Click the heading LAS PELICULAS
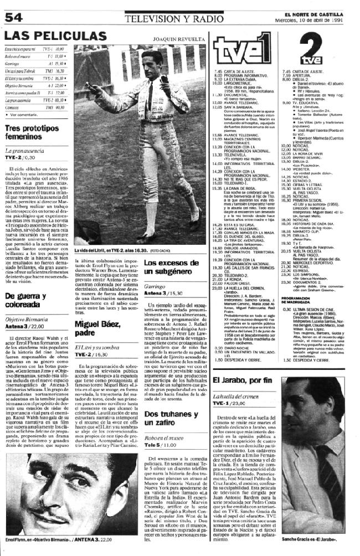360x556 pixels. (55, 36)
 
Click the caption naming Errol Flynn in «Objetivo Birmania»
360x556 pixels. (61, 539)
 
